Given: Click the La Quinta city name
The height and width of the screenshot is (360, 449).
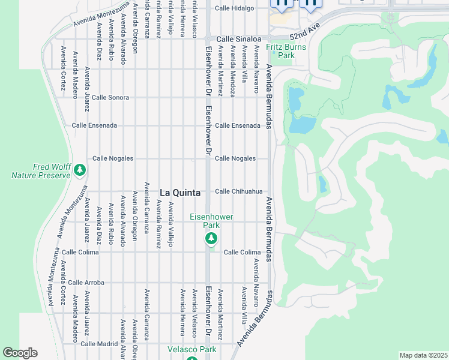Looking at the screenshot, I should click(180, 193).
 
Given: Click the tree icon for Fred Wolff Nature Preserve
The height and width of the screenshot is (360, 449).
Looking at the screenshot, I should click(80, 171).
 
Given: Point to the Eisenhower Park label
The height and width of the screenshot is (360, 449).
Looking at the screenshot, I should click(211, 221).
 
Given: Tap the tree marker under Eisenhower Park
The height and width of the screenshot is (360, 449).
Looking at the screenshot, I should click(211, 239).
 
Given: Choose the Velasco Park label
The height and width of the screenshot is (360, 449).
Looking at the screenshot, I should click(191, 349).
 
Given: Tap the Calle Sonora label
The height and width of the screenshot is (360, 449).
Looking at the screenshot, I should click(110, 97).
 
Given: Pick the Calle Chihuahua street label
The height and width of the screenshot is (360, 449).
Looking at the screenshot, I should click(239, 191).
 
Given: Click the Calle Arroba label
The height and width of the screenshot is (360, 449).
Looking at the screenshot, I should click(86, 282).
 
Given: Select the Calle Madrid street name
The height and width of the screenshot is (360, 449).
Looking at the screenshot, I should click(99, 344).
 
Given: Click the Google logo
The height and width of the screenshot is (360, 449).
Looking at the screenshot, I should click(20, 353).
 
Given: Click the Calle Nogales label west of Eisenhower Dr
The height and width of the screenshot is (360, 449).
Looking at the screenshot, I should click(112, 158).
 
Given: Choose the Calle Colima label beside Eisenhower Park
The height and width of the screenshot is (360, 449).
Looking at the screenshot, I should click(242, 253).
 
